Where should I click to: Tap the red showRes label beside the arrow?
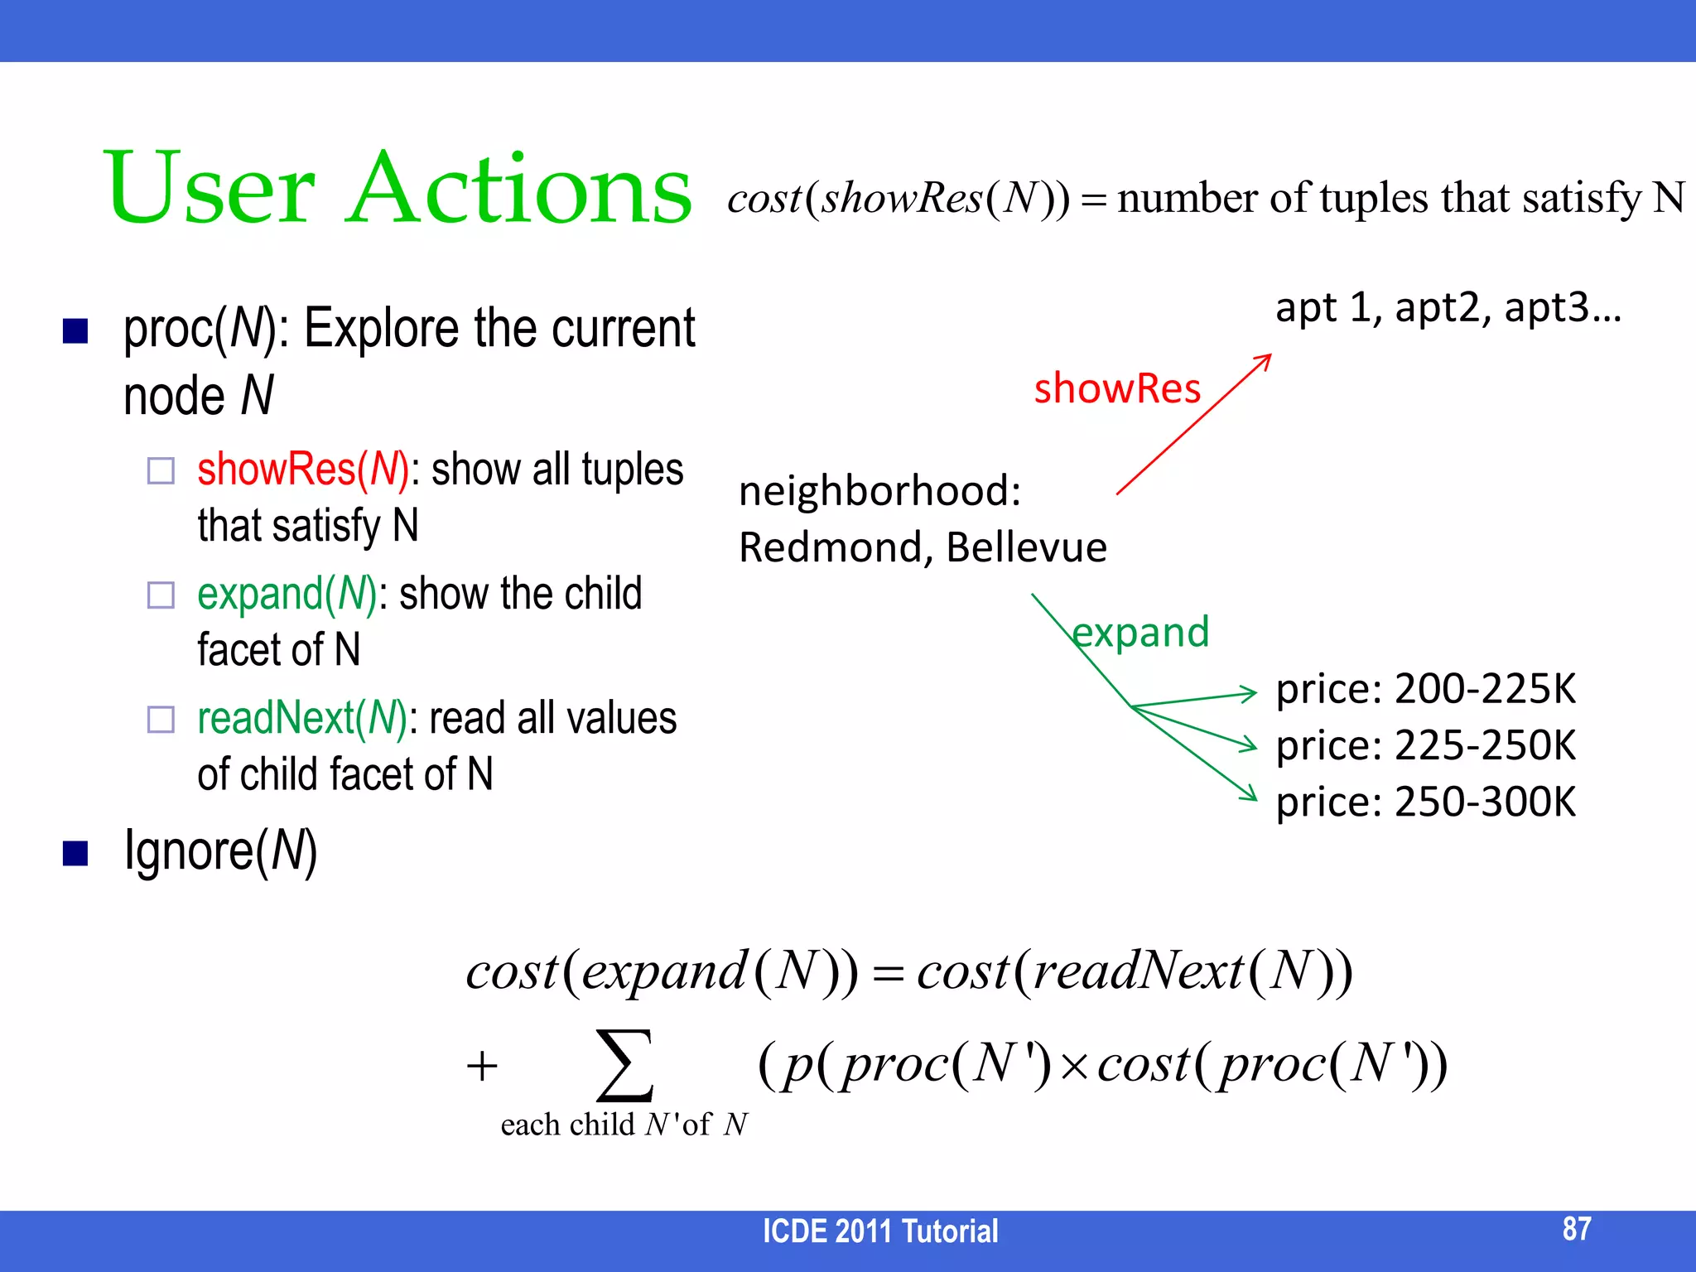click(x=1116, y=389)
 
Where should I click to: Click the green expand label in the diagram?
click(x=1140, y=633)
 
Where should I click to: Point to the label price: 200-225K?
click(x=1425, y=690)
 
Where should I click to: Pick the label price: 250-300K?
click(x=1425, y=802)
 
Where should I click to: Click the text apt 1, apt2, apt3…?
click(x=1448, y=308)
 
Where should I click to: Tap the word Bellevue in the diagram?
click(x=1026, y=548)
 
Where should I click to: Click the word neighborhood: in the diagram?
click(x=879, y=491)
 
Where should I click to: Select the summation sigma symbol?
click(x=625, y=1065)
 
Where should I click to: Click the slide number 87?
click(x=1576, y=1229)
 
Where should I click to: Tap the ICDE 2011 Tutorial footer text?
click(x=879, y=1231)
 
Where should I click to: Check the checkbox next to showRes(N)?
click(x=161, y=471)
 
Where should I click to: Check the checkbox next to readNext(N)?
click(x=161, y=720)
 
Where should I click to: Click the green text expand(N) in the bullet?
click(x=287, y=595)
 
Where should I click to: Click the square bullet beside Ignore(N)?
click(x=75, y=853)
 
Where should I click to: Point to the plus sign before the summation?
click(x=482, y=1066)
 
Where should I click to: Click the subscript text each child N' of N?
click(x=624, y=1125)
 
